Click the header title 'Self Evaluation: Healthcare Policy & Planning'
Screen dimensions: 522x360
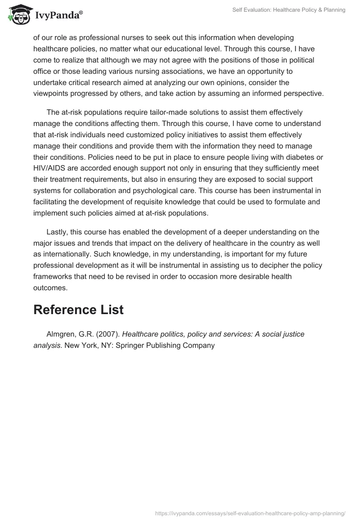289,10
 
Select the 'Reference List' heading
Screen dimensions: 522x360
78,310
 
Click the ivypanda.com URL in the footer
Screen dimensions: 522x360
250,513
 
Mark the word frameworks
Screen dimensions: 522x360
54,276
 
